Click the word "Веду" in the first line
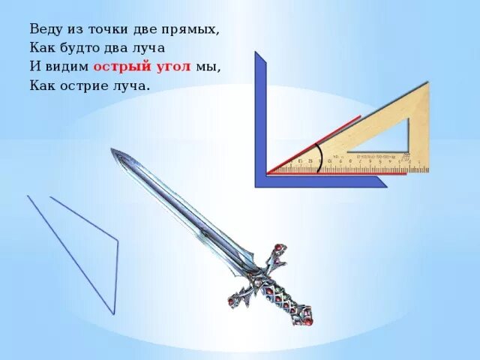tap(46, 30)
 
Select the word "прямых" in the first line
tap(193, 30)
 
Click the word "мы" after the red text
tap(207, 67)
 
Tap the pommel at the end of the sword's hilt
tap(307, 319)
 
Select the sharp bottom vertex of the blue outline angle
tap(114, 313)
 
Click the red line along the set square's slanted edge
tap(315, 143)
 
